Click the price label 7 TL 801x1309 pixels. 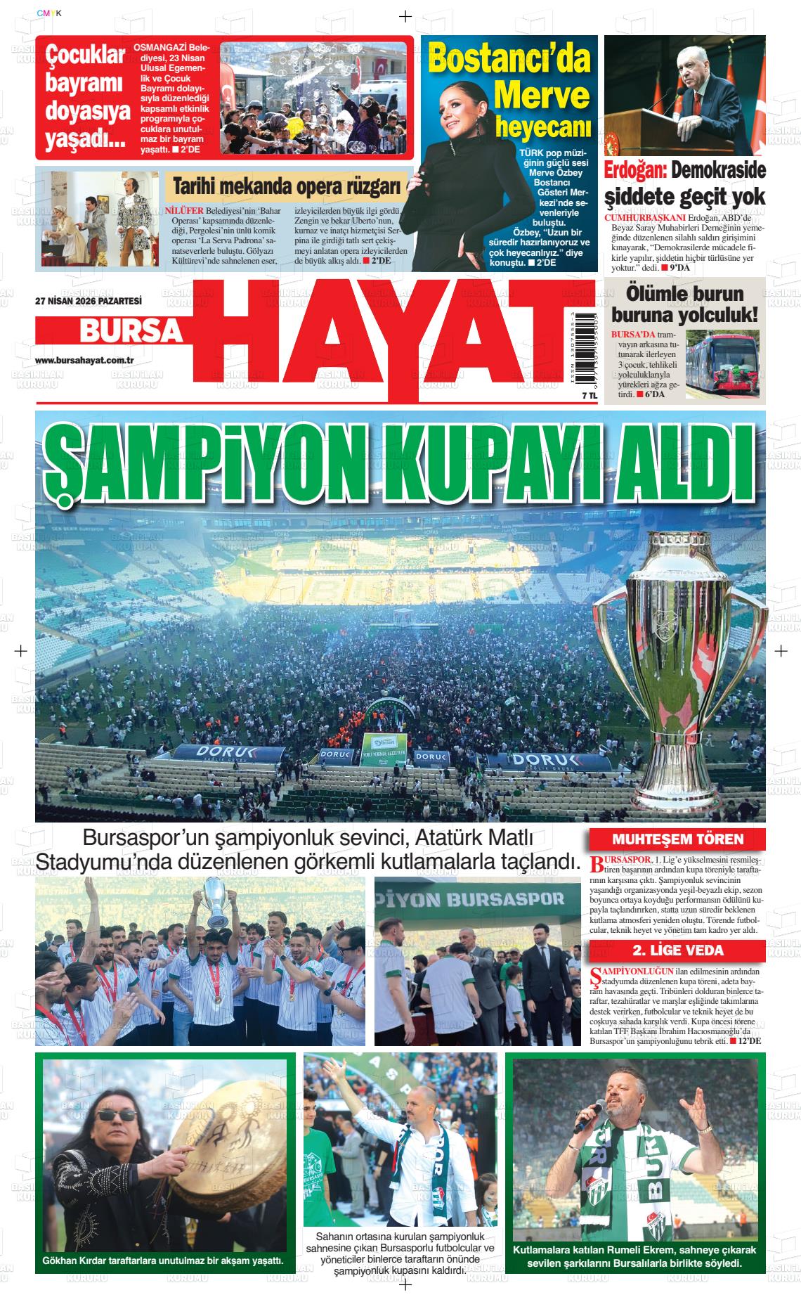click(x=569, y=396)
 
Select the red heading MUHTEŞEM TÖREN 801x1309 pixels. click(x=677, y=839)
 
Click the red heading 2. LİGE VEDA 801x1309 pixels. click(x=677, y=951)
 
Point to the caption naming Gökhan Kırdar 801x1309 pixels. click(x=163, y=1260)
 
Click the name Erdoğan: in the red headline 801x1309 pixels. click(x=635, y=171)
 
